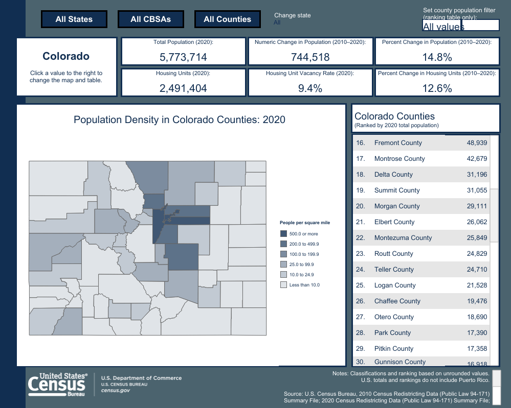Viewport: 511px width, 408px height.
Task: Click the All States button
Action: coord(74,19)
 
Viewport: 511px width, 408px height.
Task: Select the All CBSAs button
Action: coord(150,19)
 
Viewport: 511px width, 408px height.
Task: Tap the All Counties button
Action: coord(227,19)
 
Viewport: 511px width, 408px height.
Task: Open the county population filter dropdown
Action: coord(460,26)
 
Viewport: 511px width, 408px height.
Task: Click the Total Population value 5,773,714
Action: coord(183,57)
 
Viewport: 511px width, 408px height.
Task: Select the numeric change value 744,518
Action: coord(310,57)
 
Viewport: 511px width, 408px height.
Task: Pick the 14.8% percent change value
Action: coord(437,57)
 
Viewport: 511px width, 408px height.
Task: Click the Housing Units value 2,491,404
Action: coord(183,88)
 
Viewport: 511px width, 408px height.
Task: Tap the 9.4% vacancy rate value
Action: coord(310,88)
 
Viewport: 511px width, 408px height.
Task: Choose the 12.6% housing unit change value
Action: coord(437,88)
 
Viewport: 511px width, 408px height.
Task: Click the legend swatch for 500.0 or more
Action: coord(283,234)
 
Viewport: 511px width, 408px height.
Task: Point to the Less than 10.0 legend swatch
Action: coord(283,285)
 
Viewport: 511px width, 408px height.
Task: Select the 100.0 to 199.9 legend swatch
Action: coord(283,254)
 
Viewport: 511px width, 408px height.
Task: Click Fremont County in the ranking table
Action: coord(398,143)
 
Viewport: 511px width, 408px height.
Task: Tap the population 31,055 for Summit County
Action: coord(477,190)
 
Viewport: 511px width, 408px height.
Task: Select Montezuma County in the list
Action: coord(403,238)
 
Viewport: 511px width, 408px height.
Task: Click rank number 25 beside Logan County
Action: coord(360,285)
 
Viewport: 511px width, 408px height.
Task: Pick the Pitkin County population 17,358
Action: coord(477,349)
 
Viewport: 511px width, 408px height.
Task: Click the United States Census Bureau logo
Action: coord(57,384)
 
